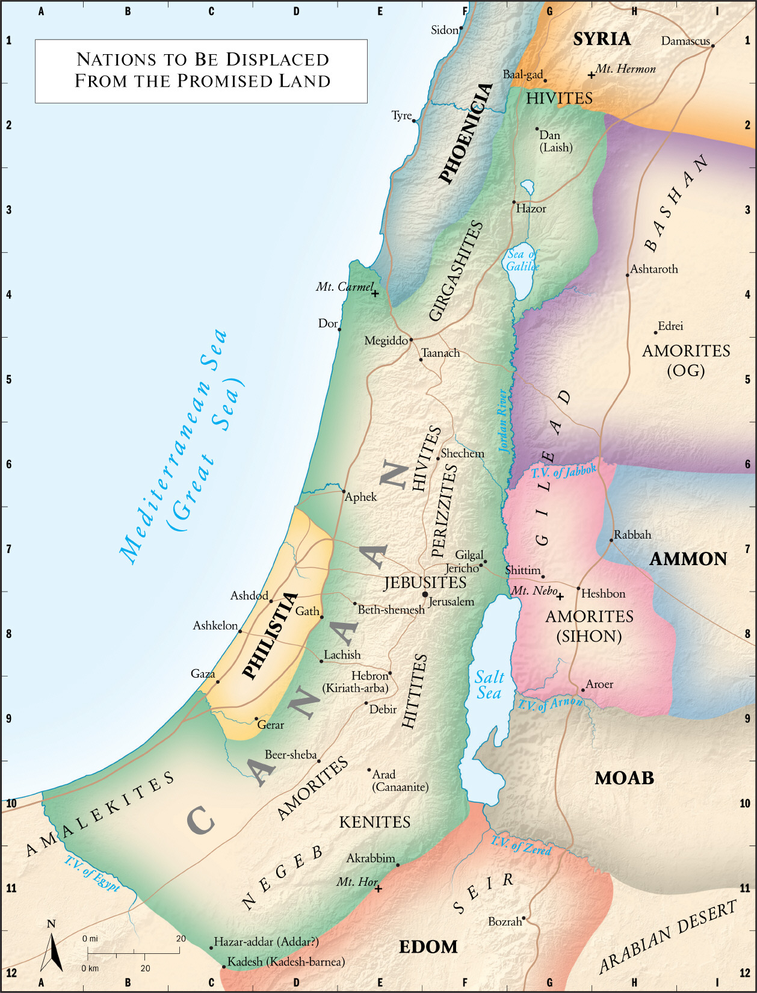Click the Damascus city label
[685, 41]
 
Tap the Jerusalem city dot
[425, 595]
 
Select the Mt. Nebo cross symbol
[560, 596]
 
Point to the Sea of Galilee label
[522, 260]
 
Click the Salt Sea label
[489, 685]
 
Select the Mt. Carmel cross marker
[375, 294]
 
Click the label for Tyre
[401, 115]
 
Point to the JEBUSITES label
[425, 582]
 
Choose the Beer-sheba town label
[290, 754]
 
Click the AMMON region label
[688, 558]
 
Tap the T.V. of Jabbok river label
[564, 471]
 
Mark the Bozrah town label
[504, 921]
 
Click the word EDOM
[428, 947]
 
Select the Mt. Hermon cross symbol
[592, 75]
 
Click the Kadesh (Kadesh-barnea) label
[285, 962]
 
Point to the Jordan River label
[503, 421]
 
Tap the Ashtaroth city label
[653, 269]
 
